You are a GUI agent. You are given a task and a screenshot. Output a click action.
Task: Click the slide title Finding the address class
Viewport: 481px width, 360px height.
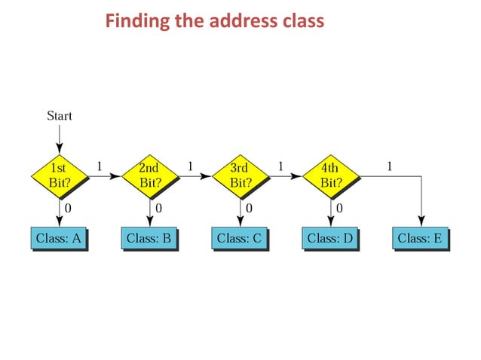[214, 20]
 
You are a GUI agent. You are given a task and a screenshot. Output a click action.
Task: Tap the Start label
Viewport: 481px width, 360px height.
[60, 116]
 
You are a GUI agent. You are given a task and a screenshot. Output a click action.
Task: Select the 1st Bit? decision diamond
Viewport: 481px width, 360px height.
[59, 176]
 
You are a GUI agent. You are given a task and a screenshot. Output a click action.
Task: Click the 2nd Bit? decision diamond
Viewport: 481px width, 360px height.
[149, 176]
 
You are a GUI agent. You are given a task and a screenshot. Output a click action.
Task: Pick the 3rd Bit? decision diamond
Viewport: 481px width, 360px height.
[240, 176]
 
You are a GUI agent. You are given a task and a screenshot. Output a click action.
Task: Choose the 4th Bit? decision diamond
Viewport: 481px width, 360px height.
[330, 176]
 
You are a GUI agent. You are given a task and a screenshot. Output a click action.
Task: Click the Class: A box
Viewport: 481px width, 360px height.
[59, 238]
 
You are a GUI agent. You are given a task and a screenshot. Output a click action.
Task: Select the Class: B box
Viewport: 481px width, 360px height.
[149, 238]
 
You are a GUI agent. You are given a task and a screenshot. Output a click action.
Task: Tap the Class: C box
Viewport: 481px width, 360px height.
[240, 238]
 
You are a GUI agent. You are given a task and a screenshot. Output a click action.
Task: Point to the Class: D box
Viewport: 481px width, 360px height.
[330, 238]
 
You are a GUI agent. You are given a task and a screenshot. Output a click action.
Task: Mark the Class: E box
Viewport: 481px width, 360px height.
[421, 238]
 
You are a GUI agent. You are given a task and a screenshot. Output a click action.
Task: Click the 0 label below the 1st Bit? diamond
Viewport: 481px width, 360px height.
[68, 207]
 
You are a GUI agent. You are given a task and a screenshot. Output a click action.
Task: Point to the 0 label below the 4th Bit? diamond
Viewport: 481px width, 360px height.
[339, 207]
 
